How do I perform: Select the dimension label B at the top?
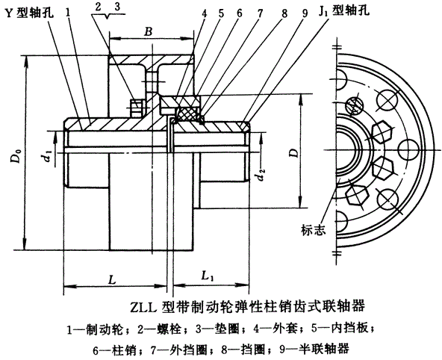pos(149,31)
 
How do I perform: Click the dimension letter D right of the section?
pos(292,154)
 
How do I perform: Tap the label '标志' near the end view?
pos(314,229)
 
